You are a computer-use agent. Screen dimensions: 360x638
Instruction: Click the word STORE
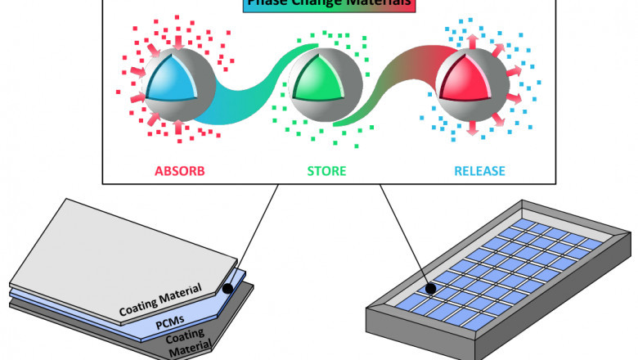coord(326,173)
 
